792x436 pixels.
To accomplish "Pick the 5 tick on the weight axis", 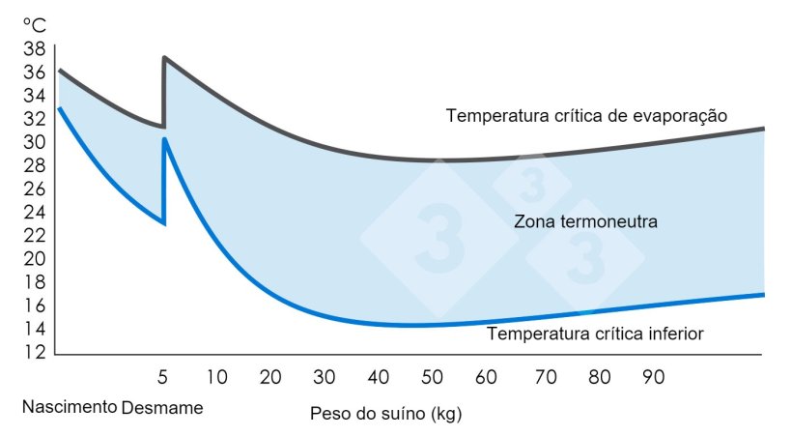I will [x=163, y=375].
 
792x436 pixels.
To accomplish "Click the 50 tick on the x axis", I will [x=433, y=375].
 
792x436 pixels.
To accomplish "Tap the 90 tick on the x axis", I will [x=654, y=375].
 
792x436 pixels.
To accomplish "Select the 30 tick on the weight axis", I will [x=325, y=375].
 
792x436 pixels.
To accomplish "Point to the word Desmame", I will [x=162, y=407].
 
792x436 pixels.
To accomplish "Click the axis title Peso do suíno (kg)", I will [x=386, y=415].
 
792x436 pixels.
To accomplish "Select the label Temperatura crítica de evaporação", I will [x=586, y=116].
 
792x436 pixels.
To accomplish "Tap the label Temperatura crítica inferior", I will [x=595, y=334].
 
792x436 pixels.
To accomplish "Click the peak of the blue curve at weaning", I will [x=165, y=139].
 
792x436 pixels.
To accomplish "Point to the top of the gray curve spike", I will [x=165, y=58].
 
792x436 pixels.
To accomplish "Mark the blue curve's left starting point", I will [x=58, y=108].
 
